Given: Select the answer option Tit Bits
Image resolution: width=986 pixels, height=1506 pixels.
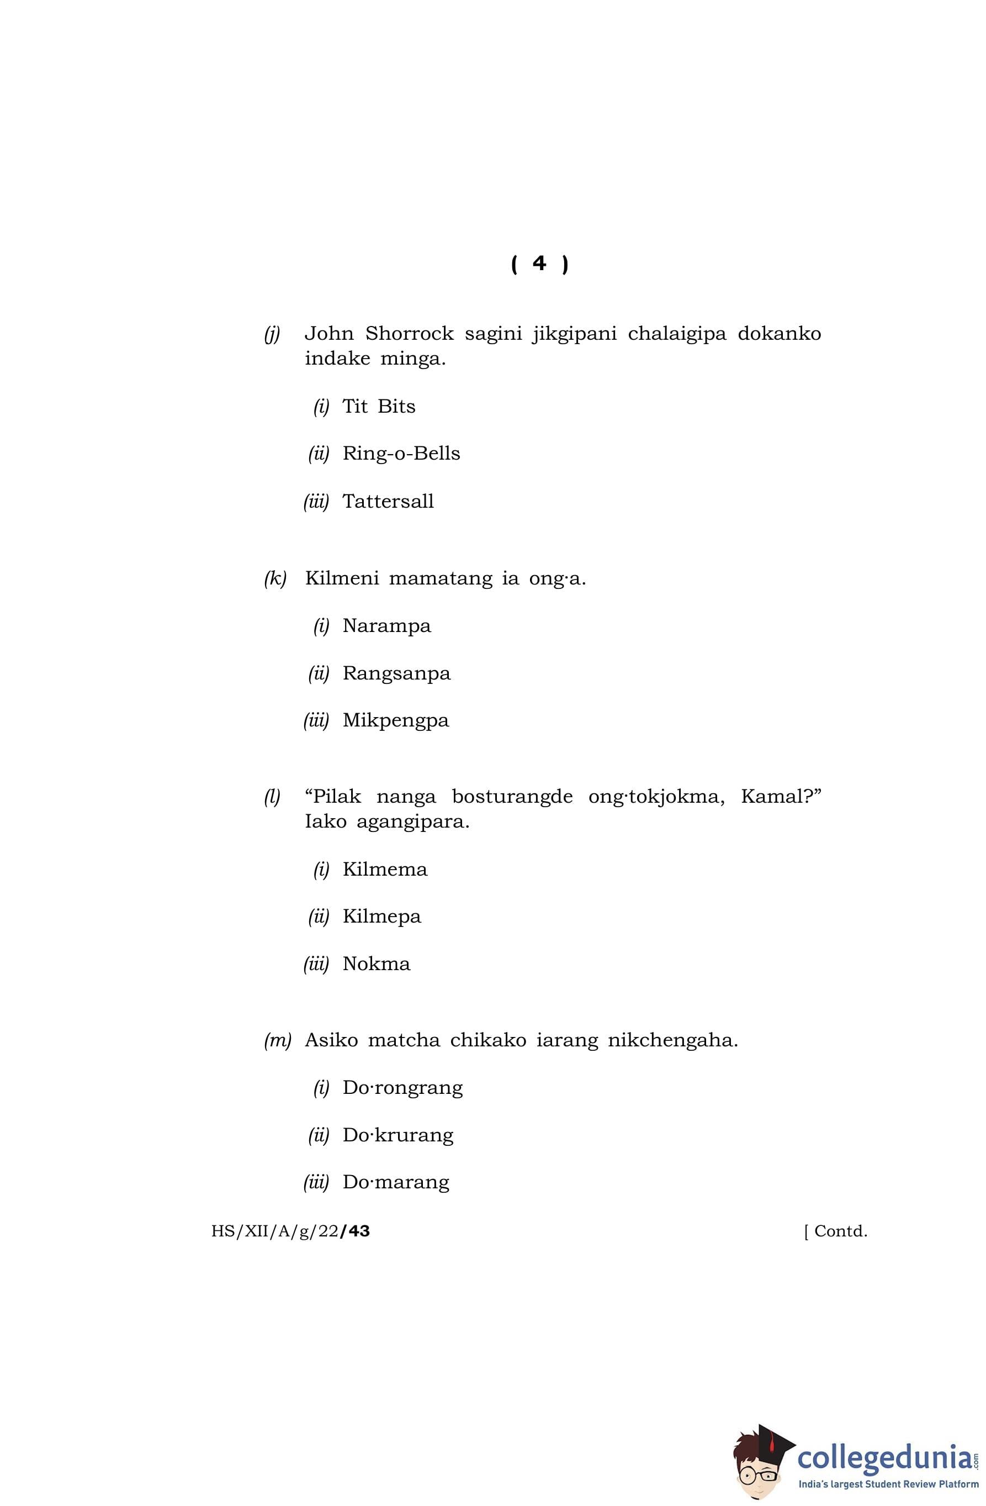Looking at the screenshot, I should click(378, 406).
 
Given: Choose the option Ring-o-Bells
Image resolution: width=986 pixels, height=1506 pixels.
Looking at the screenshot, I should click(401, 454).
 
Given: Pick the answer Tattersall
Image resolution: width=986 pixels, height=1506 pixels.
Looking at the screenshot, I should click(388, 501).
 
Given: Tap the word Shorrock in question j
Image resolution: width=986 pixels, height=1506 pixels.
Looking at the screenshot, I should click(409, 334).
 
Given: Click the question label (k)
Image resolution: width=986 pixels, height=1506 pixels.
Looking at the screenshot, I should click(275, 578).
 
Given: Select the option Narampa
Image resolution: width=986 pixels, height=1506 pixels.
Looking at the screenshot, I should click(386, 626).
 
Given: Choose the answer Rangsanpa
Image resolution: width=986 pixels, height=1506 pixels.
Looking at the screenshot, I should click(396, 673).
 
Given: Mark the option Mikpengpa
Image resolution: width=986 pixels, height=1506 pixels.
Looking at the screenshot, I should click(395, 721).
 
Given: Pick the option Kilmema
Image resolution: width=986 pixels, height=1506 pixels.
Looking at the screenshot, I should click(385, 870).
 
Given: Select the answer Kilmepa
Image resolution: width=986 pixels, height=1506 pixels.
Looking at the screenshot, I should click(381, 917).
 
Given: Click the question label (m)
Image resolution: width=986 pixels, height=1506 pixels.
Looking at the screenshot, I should click(277, 1040).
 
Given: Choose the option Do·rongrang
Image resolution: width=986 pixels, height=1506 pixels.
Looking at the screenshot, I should click(402, 1088).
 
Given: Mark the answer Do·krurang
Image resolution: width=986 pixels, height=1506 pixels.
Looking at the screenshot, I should click(398, 1135).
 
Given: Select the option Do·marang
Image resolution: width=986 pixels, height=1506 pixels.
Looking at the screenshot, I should click(396, 1182).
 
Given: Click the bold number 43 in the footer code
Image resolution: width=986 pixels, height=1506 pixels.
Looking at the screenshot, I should click(356, 1231).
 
